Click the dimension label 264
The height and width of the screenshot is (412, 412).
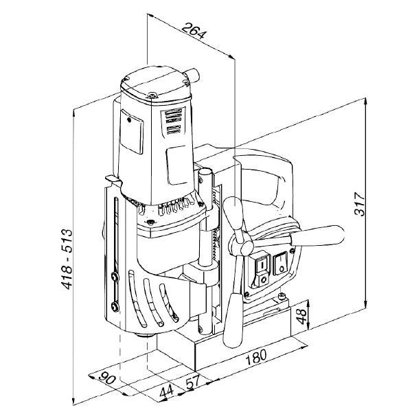194,31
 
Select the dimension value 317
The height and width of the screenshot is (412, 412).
360,204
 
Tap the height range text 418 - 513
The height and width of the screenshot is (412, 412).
67,260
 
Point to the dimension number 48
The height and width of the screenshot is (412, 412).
301,317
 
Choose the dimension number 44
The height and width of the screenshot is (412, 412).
166,391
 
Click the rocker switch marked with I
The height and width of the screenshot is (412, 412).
262,263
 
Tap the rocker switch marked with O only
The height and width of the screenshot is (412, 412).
281,264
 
